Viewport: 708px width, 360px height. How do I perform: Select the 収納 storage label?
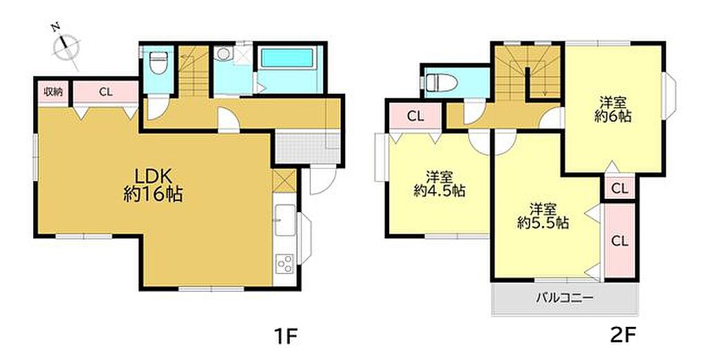pyautogui.click(x=53, y=92)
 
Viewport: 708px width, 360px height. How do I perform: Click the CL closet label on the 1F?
pyautogui.click(x=106, y=93)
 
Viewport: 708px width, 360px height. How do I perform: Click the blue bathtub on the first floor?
pyautogui.click(x=287, y=58)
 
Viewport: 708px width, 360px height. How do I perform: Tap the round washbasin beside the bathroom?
pyautogui.click(x=223, y=54)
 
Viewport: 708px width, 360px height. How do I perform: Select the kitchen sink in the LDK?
pyautogui.click(x=285, y=219)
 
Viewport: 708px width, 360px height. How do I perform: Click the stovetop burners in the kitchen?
pyautogui.click(x=284, y=263)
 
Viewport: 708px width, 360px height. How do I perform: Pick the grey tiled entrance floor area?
pyautogui.click(x=307, y=148)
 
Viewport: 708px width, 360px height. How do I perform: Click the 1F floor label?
pyautogui.click(x=286, y=336)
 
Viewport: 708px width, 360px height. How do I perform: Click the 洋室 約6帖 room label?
pyautogui.click(x=613, y=109)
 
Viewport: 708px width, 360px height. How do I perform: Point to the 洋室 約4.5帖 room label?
pyautogui.click(x=440, y=183)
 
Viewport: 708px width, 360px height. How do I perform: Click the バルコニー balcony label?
pyautogui.click(x=564, y=298)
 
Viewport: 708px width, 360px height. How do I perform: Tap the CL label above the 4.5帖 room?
pyautogui.click(x=416, y=116)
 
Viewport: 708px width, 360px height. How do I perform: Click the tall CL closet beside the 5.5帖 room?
pyautogui.click(x=619, y=240)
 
